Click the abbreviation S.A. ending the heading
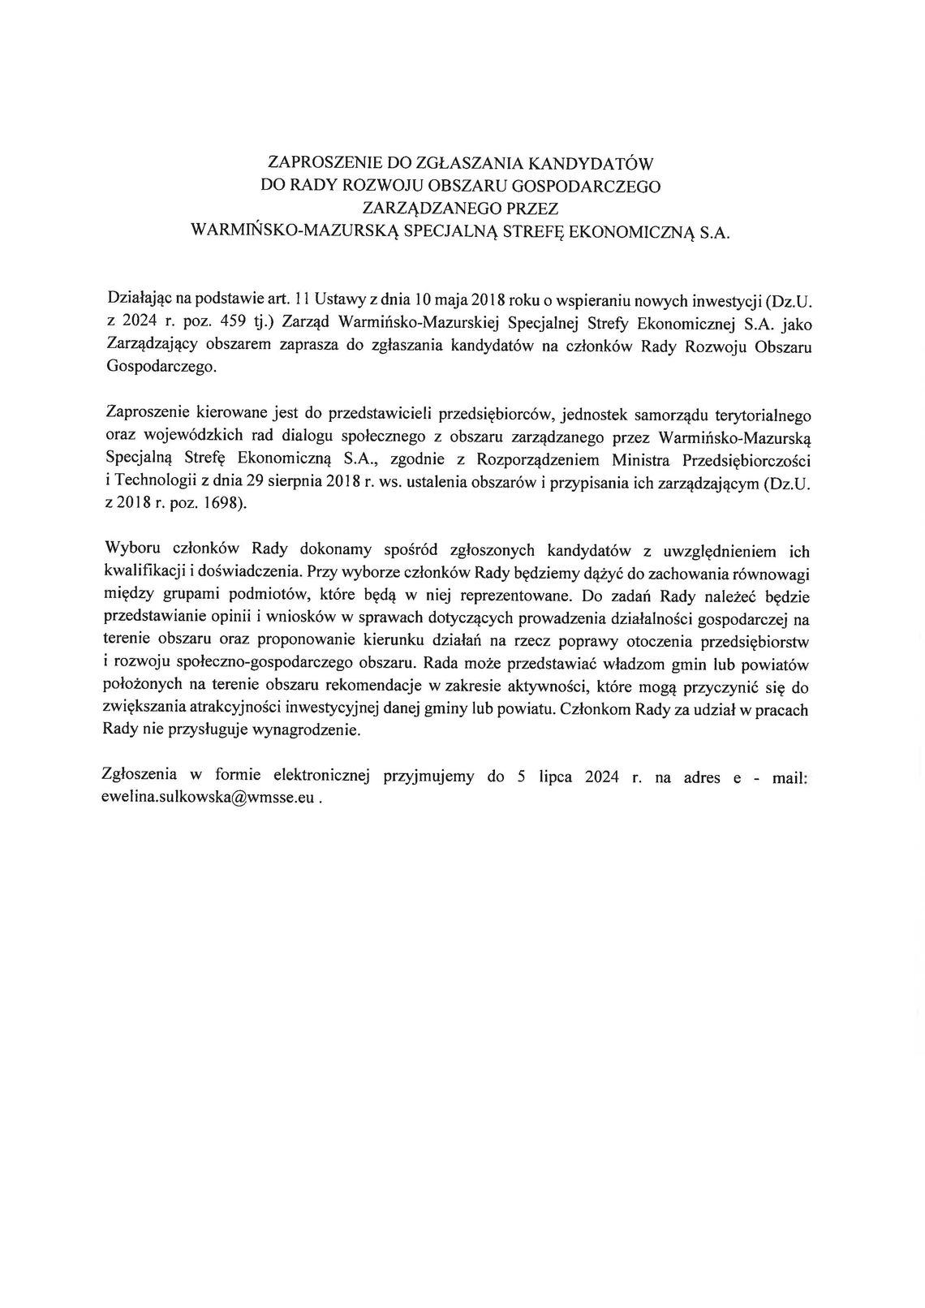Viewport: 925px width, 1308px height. [x=714, y=232]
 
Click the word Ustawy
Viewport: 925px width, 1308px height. [x=338, y=300]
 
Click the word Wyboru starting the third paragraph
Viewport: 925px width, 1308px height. [x=129, y=550]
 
